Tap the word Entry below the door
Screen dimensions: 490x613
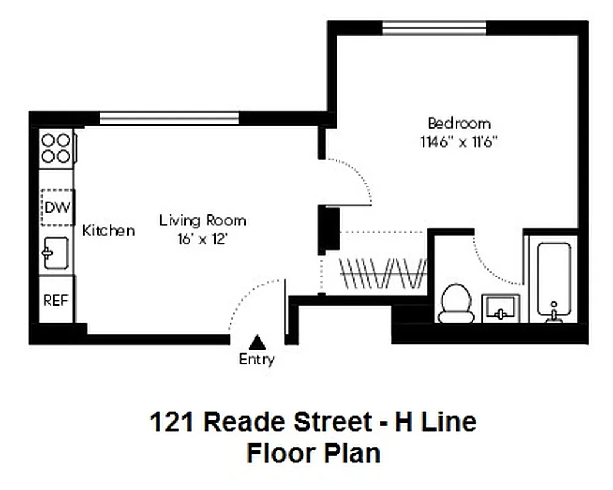(x=257, y=360)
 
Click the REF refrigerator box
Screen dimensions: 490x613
(x=56, y=300)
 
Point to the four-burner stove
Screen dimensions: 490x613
(x=56, y=148)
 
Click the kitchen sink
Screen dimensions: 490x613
(x=56, y=253)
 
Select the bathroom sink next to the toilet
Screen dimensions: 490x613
(x=500, y=308)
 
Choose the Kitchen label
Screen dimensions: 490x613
(x=108, y=231)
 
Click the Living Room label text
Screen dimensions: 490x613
(x=203, y=221)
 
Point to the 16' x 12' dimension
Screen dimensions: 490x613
(x=203, y=239)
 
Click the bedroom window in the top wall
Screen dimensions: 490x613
(x=434, y=28)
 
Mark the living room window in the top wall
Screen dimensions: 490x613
(x=169, y=118)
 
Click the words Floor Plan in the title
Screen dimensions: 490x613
(x=313, y=454)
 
